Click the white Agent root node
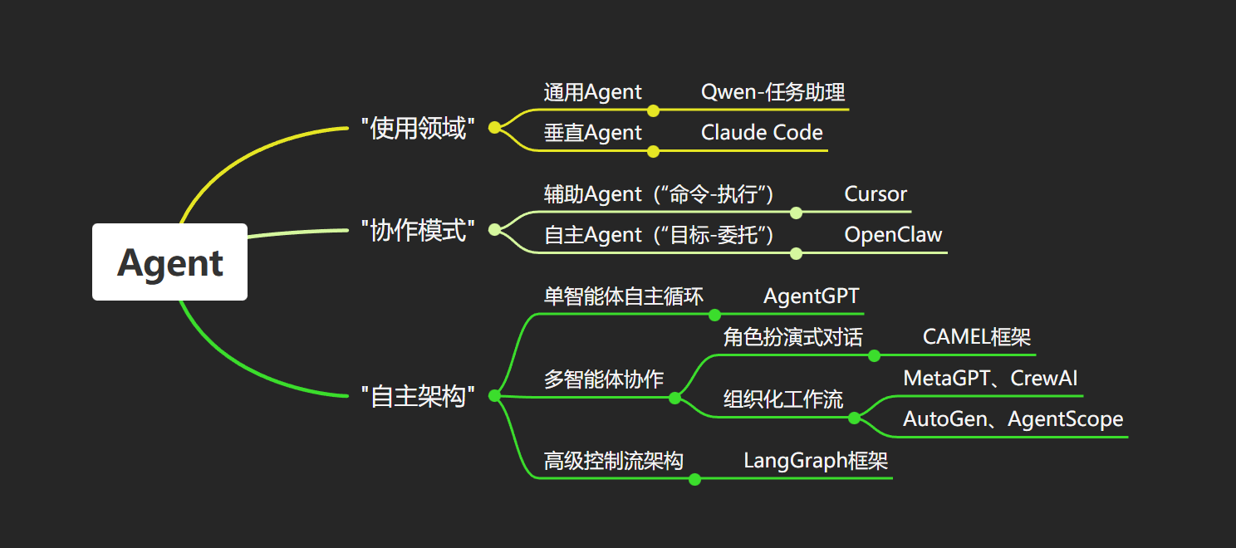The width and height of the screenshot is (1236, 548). pyautogui.click(x=169, y=262)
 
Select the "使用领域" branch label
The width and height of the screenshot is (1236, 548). pyautogui.click(x=419, y=128)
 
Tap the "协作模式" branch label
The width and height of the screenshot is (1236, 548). pyautogui.click(x=419, y=230)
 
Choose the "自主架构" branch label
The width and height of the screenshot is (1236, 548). pyautogui.click(x=419, y=396)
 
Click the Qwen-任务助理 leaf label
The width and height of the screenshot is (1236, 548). pyautogui.click(x=773, y=91)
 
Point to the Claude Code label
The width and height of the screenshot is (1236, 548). pyautogui.click(x=762, y=132)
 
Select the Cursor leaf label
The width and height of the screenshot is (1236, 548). pyautogui.click(x=875, y=194)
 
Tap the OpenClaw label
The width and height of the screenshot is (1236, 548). pyautogui.click(x=893, y=234)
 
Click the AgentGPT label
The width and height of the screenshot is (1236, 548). pyautogui.click(x=811, y=296)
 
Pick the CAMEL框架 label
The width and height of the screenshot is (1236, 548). pyautogui.click(x=977, y=337)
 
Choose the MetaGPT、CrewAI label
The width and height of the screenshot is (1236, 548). pyautogui.click(x=990, y=379)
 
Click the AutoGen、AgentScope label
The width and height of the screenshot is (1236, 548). pyautogui.click(x=1013, y=419)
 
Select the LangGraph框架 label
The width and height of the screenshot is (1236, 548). pyautogui.click(x=816, y=461)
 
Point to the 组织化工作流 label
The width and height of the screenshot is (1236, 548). pyautogui.click(x=783, y=399)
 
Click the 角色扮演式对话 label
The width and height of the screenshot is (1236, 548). pyautogui.click(x=793, y=337)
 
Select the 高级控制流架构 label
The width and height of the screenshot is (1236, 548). pyautogui.click(x=613, y=461)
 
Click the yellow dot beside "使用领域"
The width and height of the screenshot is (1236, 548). pyautogui.click(x=495, y=127)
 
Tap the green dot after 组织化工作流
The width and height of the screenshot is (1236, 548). pyautogui.click(x=854, y=418)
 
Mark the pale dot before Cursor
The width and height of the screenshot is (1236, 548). pyautogui.click(x=796, y=213)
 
